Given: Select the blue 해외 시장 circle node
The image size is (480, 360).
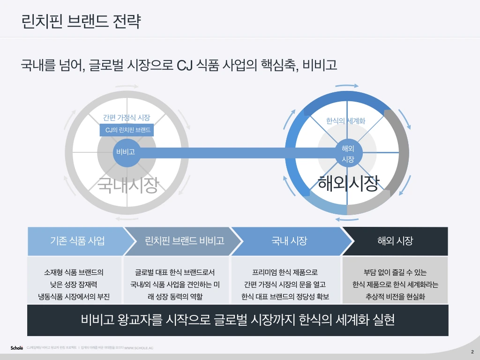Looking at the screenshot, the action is (x=347, y=153).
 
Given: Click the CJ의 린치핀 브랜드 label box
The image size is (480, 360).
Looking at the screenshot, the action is (x=127, y=130).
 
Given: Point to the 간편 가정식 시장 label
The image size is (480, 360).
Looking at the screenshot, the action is (x=127, y=118).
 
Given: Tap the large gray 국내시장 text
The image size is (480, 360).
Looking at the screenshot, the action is (x=127, y=185).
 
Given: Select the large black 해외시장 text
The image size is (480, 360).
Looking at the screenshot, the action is (x=348, y=183).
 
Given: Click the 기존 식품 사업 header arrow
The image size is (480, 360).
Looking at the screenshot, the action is (x=77, y=241).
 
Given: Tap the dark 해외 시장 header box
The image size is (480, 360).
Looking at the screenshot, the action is (x=395, y=241).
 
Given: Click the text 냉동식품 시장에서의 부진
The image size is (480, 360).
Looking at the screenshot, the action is (x=75, y=297).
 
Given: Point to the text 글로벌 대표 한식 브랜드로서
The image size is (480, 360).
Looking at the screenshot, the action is (x=175, y=272).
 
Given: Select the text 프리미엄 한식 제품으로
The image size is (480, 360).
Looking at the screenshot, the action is (x=285, y=272).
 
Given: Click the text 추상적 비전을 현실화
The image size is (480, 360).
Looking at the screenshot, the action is (x=395, y=297).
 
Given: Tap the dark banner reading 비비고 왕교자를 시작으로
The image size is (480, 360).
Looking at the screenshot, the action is (x=238, y=320).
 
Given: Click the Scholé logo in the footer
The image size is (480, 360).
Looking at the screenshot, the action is (x=17, y=348).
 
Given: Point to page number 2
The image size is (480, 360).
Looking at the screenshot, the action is (x=472, y=352).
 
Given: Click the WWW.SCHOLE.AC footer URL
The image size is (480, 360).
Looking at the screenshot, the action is (x=139, y=348).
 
